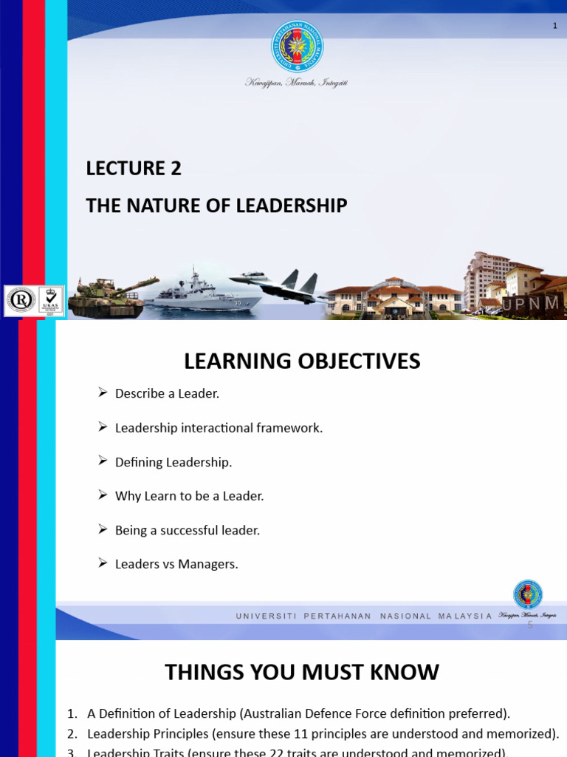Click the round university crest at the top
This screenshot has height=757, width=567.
[x=298, y=46]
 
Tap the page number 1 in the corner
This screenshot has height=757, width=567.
[x=554, y=27]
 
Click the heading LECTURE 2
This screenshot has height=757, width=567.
[x=134, y=169]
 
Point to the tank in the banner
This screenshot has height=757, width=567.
[x=111, y=296]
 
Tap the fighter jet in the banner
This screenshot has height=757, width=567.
[x=281, y=284]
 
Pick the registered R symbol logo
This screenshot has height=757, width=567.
[x=20, y=300]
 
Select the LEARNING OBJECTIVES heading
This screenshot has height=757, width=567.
[x=302, y=361]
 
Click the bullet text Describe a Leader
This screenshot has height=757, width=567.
[x=167, y=394]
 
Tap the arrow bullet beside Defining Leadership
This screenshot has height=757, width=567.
[x=103, y=461]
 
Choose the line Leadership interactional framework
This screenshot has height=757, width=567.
[x=219, y=428]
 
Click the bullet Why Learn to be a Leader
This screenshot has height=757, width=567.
[x=189, y=496]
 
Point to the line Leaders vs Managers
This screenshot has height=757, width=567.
[x=176, y=564]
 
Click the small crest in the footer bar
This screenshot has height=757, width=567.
[x=528, y=595]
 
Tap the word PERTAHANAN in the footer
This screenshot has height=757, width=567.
[x=337, y=616]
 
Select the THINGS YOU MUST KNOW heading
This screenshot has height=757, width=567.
[x=301, y=672]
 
